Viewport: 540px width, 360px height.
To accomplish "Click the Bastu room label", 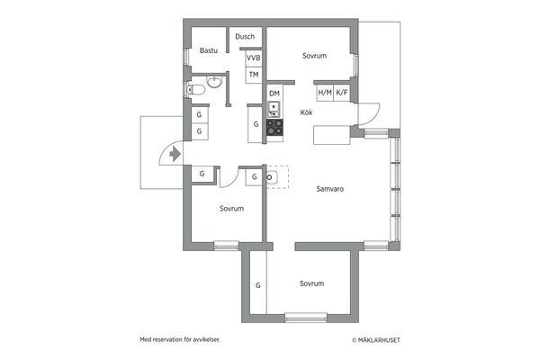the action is [x=209, y=50].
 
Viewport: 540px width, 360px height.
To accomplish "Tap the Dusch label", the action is [x=245, y=37].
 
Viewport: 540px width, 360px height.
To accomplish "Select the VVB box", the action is [x=254, y=58].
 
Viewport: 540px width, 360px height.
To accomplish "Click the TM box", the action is [x=254, y=75].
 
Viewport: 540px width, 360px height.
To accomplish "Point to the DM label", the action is [x=274, y=94].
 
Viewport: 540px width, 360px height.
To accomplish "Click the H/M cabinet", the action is [x=325, y=93].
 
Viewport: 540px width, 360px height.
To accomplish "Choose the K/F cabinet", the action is [x=342, y=93].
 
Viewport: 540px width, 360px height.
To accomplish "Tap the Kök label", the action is [x=306, y=112].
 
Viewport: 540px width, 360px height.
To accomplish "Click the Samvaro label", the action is [x=330, y=189].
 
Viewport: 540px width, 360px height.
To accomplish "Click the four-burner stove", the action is [x=274, y=127].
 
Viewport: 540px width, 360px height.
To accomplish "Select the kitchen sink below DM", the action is [x=274, y=109].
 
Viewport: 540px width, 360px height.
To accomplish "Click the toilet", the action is [x=195, y=90].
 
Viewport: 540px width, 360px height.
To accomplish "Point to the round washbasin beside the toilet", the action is [x=214, y=82].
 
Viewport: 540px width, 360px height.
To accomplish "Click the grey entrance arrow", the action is [x=175, y=154].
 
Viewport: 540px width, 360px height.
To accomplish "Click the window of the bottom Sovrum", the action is [x=306, y=318].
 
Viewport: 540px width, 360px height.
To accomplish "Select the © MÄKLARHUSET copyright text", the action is [x=376, y=340].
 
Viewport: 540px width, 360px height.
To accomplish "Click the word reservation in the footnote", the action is [x=167, y=339].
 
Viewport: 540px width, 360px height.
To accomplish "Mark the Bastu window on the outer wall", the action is [x=186, y=57].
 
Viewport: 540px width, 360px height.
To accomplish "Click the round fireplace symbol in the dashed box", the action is [x=270, y=177].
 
